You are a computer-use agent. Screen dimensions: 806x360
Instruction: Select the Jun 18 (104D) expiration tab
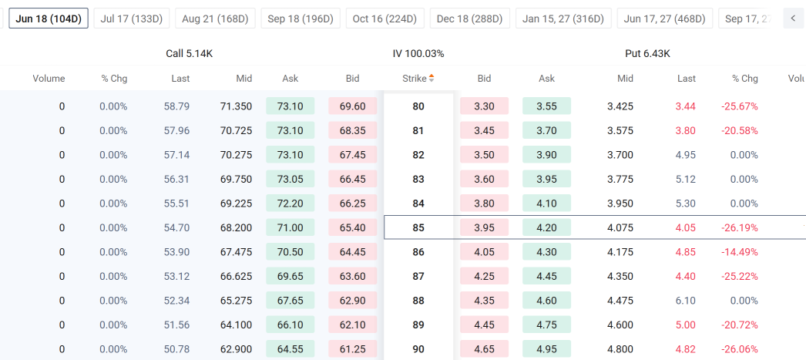pyautogui.click(x=49, y=19)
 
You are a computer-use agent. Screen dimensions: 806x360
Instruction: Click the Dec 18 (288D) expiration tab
pyautogui.click(x=470, y=19)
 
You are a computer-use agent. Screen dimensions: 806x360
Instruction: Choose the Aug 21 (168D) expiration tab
pyautogui.click(x=216, y=19)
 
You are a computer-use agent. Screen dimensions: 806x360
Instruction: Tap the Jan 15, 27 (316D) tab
pyautogui.click(x=563, y=19)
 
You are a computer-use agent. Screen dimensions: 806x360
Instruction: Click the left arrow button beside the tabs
pyautogui.click(x=793, y=19)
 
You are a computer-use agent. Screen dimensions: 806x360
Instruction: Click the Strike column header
pyautogui.click(x=415, y=79)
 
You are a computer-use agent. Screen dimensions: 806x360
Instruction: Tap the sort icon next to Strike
pyautogui.click(x=432, y=78)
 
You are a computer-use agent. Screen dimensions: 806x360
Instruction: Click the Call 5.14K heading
pyautogui.click(x=189, y=53)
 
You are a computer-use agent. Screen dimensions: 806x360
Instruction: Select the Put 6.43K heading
pyautogui.click(x=648, y=53)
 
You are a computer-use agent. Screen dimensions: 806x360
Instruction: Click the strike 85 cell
pyautogui.click(x=418, y=227)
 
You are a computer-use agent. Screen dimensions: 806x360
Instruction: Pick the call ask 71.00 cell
pyautogui.click(x=290, y=227)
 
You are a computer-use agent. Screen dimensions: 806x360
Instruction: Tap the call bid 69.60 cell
pyautogui.click(x=353, y=106)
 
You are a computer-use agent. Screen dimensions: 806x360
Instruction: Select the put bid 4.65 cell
pyautogui.click(x=484, y=348)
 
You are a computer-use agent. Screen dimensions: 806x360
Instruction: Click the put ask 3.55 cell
pyautogui.click(x=547, y=106)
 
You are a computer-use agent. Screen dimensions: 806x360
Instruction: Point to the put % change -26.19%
pyautogui.click(x=739, y=227)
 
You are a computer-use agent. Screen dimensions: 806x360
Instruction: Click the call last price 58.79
pyautogui.click(x=176, y=106)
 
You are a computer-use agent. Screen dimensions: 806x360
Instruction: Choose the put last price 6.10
pyautogui.click(x=687, y=301)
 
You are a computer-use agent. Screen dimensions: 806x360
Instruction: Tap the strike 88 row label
pyautogui.click(x=418, y=301)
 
